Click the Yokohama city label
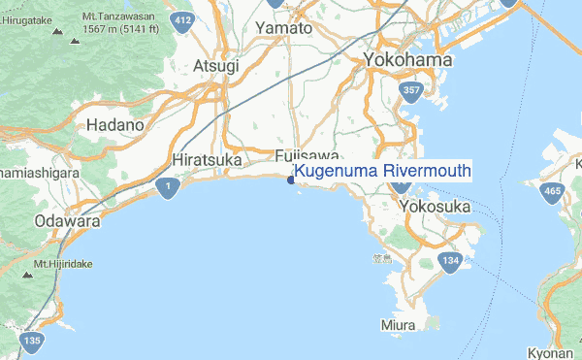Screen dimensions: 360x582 [x=408, y=61]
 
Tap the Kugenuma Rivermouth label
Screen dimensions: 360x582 [x=382, y=172]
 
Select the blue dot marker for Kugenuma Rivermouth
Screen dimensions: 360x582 [x=291, y=179]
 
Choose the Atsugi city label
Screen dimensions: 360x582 [x=215, y=65]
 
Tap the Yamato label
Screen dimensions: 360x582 [x=283, y=28]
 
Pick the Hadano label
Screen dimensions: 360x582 [x=114, y=125]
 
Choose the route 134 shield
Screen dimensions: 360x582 [x=450, y=261]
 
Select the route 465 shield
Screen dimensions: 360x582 [x=553, y=192]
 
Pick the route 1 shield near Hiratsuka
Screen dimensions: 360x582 [x=169, y=185]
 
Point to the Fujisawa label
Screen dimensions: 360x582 [x=307, y=156]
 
